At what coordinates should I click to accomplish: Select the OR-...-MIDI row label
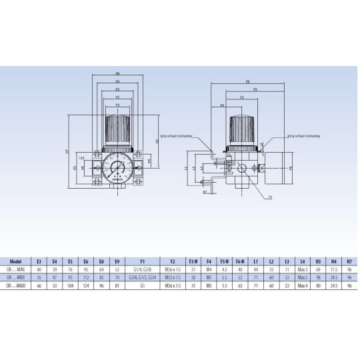[x=17, y=277]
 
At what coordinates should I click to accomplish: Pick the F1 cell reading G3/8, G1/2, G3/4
[x=145, y=277]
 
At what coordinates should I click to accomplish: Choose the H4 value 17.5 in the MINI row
[x=333, y=269]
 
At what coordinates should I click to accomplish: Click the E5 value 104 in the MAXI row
[x=70, y=285]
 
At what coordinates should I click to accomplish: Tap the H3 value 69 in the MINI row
[x=319, y=269]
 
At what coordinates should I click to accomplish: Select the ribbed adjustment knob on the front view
[x=117, y=126]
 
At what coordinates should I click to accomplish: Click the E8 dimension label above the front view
[x=117, y=73]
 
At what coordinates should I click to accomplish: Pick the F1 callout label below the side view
[x=270, y=198]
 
